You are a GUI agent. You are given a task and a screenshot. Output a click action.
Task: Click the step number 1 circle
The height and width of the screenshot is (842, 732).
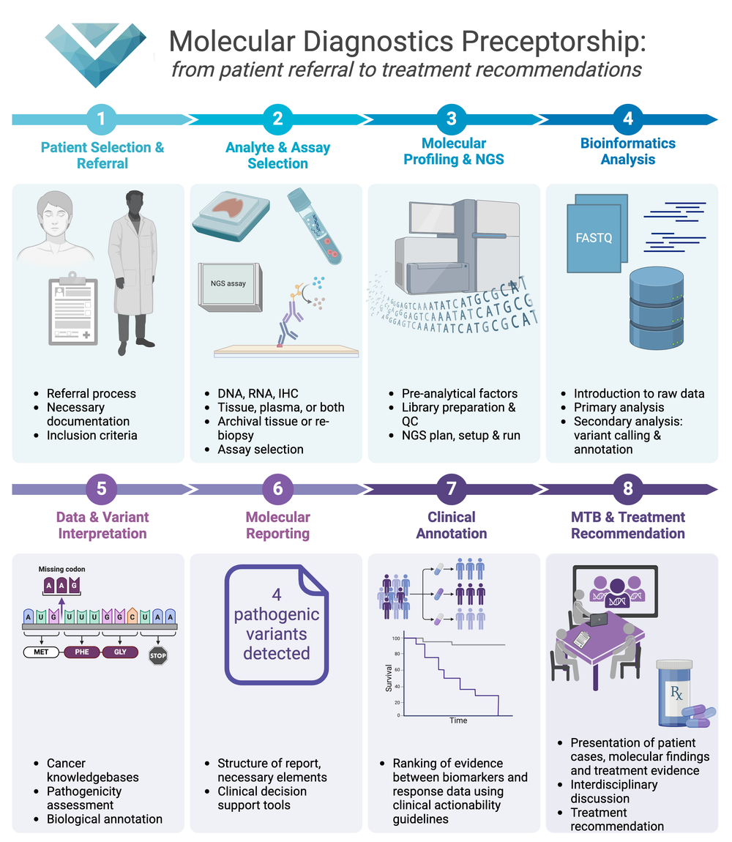coord(101,119)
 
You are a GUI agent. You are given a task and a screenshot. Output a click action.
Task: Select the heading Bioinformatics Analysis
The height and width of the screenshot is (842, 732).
coord(627,151)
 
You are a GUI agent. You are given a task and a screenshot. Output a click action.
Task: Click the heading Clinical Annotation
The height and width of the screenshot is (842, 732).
coord(452,525)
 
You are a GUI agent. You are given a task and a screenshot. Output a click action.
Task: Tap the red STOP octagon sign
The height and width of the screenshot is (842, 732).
coord(158,655)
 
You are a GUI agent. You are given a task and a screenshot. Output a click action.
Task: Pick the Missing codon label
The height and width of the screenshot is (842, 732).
coord(61,569)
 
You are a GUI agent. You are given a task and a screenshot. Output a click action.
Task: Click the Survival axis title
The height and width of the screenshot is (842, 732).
coord(389,679)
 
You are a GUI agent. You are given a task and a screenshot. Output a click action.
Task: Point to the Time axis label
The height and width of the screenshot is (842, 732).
coord(458,720)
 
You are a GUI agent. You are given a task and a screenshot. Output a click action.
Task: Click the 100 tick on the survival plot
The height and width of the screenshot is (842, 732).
coord(395,638)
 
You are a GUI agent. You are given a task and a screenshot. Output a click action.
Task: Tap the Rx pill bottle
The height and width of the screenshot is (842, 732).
coord(677,692)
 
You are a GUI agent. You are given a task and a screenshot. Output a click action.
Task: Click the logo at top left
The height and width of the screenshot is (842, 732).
coord(95,56)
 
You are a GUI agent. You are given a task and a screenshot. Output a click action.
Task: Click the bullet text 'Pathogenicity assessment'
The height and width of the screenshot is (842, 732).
coord(84,798)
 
